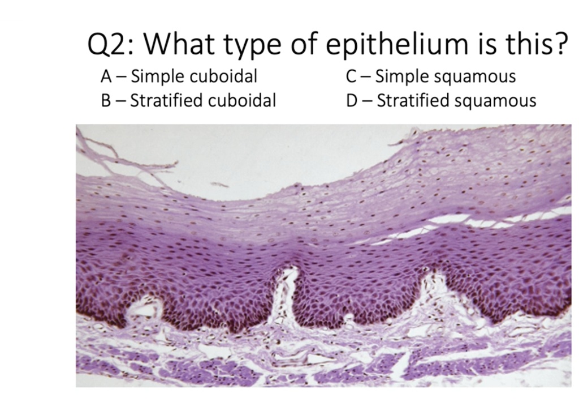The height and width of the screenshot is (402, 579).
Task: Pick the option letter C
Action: pos(352,76)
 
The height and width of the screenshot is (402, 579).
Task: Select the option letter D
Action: pos(353,101)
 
